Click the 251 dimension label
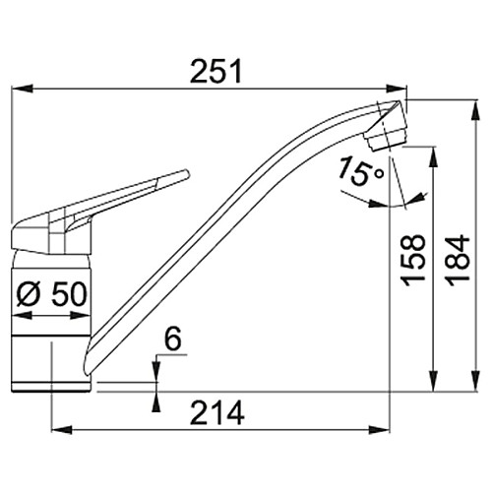[x=215, y=71]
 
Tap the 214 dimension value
[x=217, y=412]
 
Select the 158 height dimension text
[x=412, y=260]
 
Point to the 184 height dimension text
[x=459, y=260]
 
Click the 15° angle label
[x=360, y=171]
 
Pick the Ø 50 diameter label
[x=52, y=294]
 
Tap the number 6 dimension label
[x=173, y=338]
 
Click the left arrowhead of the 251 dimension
[x=23, y=89]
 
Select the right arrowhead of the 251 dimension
[x=397, y=89]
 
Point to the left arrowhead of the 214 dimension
[x=62, y=430]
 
